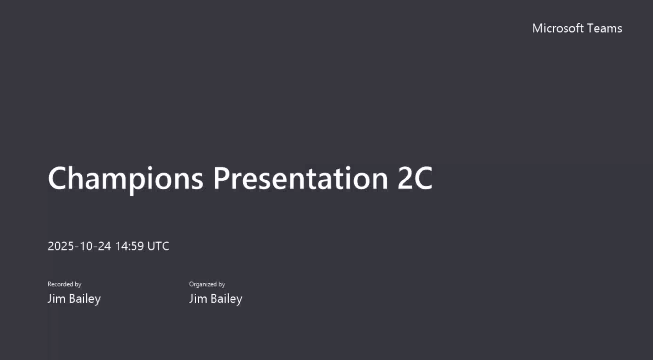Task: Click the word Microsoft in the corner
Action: [558, 28]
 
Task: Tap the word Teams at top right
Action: [604, 28]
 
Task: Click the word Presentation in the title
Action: [300, 179]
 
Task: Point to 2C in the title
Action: [415, 179]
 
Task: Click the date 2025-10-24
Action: [79, 246]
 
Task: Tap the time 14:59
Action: [130, 246]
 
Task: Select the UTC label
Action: [158, 246]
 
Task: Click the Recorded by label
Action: [64, 284]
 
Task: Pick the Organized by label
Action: [207, 284]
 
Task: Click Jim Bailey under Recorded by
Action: [74, 299]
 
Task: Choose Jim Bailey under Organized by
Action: [216, 299]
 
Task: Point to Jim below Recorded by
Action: [56, 299]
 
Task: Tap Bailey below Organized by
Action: [226, 299]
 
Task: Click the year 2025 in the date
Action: [61, 246]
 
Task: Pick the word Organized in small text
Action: [203, 284]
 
